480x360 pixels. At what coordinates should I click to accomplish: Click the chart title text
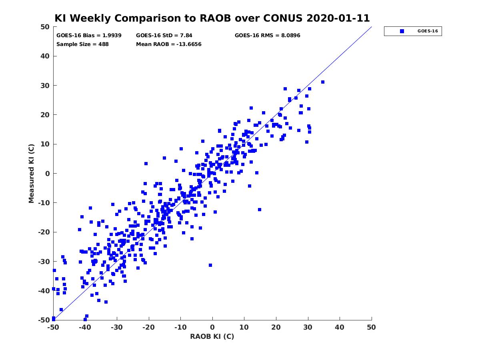tap(212, 18)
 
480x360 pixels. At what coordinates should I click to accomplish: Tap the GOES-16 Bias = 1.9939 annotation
tap(89, 36)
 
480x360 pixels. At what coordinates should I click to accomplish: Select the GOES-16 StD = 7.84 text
tap(164, 36)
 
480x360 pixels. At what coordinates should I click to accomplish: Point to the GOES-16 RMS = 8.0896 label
tap(268, 36)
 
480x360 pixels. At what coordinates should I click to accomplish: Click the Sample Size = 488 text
tap(82, 44)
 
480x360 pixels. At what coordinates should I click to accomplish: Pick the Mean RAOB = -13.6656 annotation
tap(169, 44)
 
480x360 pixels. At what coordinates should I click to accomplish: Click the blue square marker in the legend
tap(402, 31)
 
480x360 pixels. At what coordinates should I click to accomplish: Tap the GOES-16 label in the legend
tap(428, 31)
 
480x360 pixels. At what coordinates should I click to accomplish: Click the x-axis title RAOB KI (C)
tap(212, 336)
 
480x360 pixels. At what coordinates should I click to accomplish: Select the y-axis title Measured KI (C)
tap(31, 174)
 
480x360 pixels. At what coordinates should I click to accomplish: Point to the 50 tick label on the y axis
tap(45, 27)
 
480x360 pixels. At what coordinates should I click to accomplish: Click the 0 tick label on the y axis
tap(48, 174)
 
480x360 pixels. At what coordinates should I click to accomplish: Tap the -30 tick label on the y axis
tap(44, 262)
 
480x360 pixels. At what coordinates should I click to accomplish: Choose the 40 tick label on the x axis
tap(340, 327)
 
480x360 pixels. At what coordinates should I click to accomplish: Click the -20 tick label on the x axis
tap(149, 327)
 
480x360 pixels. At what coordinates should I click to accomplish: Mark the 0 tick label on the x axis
tap(212, 327)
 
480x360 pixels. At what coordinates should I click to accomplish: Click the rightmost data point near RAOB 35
tap(323, 82)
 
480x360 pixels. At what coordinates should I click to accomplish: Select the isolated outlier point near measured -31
tap(210, 265)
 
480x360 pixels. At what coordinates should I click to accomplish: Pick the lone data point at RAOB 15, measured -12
tap(260, 210)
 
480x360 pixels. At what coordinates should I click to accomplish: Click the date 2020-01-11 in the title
tap(338, 18)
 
